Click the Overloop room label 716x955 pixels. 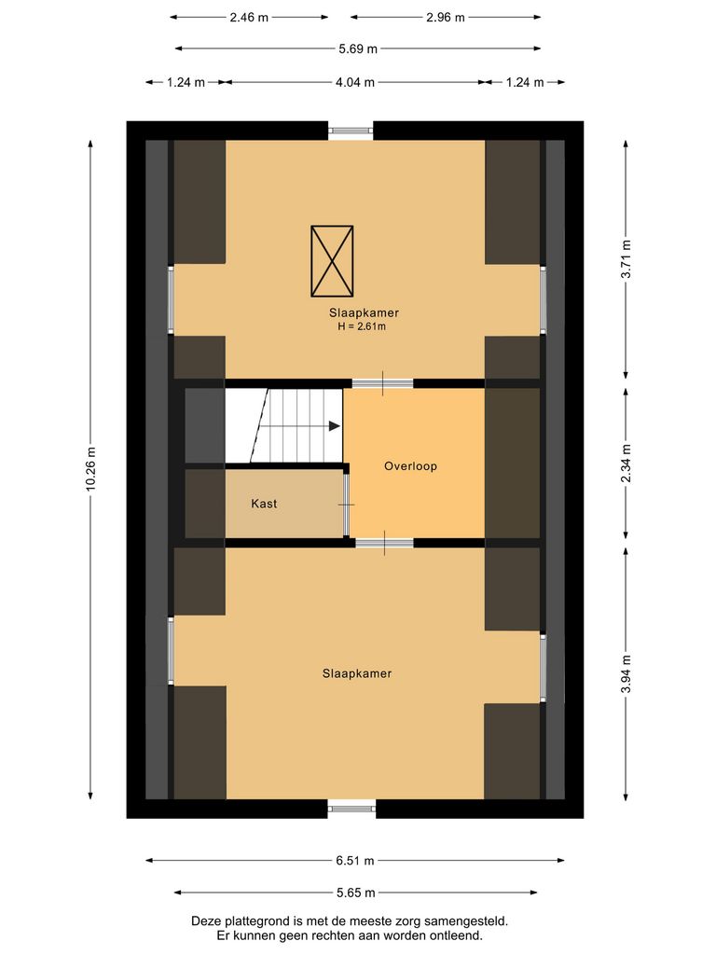click(x=410, y=466)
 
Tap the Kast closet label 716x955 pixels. click(x=264, y=504)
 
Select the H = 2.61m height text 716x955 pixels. click(x=362, y=327)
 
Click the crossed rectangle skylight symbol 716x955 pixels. click(x=332, y=259)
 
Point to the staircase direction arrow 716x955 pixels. click(x=334, y=426)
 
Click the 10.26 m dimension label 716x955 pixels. click(x=91, y=469)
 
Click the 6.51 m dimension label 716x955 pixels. click(x=356, y=861)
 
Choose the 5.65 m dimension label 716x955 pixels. click(x=356, y=893)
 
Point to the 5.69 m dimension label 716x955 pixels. click(x=358, y=49)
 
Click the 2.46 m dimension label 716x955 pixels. click(x=250, y=17)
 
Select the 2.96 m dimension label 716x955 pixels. click(x=446, y=17)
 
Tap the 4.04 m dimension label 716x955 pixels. click(x=356, y=82)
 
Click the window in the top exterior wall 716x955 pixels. click(x=351, y=131)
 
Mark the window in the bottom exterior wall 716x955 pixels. click(x=351, y=808)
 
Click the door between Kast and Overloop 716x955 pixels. click(x=347, y=504)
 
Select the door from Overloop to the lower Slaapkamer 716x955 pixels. click(x=384, y=543)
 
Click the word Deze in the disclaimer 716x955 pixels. click(x=208, y=920)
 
